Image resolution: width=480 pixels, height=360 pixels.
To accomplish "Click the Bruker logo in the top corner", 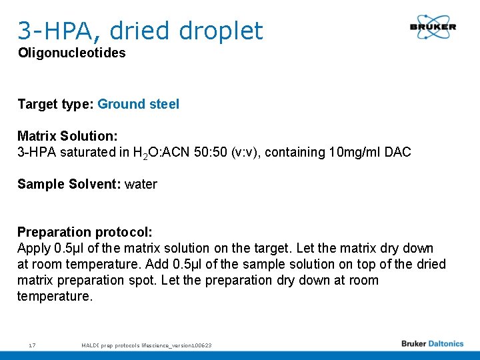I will point(433,27).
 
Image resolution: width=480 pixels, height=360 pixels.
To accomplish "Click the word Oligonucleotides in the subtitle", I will point(71,53).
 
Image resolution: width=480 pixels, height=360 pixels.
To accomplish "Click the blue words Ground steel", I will point(138,104).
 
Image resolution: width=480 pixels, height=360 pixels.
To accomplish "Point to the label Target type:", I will point(55,104).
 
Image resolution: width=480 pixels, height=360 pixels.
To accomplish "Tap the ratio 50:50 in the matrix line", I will point(247,152).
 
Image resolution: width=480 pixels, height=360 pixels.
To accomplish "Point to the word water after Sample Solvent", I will point(141,184).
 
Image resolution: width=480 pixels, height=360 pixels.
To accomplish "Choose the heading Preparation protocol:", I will point(85,232).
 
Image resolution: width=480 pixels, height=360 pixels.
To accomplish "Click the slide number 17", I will point(32,345).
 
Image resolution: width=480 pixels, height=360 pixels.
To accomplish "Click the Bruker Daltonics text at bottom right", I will point(432,344).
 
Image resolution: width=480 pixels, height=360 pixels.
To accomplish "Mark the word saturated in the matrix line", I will point(85,152).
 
